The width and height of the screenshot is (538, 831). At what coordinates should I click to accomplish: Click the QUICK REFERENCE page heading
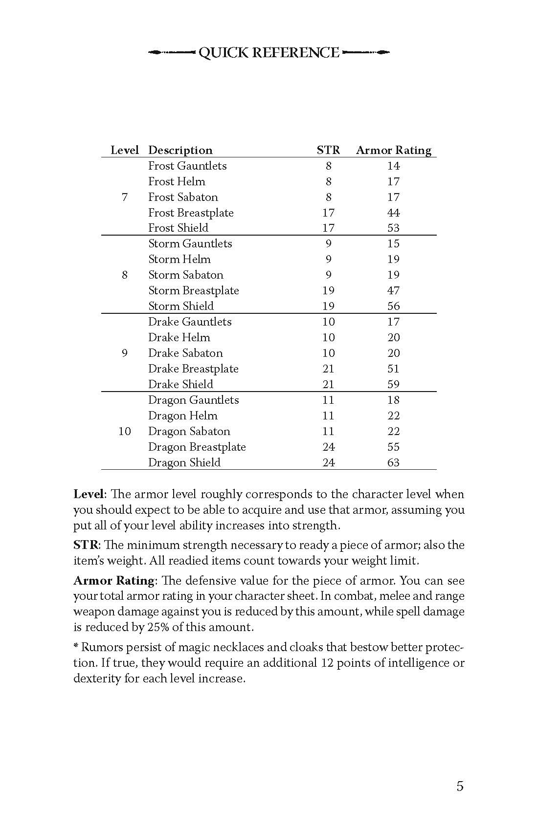click(269, 53)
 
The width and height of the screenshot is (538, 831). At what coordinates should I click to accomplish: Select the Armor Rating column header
click(393, 150)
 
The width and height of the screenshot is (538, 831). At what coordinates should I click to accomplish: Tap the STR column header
click(328, 150)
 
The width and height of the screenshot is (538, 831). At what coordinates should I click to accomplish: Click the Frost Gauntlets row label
click(187, 166)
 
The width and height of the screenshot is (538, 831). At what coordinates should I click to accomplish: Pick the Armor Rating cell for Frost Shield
click(393, 228)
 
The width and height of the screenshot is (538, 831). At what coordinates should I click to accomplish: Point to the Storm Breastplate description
click(194, 290)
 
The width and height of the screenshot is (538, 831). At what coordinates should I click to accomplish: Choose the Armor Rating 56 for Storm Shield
click(393, 306)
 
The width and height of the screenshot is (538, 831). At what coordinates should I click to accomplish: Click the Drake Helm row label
click(179, 337)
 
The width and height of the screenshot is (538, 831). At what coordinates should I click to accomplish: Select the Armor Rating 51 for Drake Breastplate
click(393, 369)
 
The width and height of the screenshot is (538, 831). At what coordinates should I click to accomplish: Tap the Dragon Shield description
click(184, 462)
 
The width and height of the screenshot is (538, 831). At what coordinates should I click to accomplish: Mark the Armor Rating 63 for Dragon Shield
click(393, 462)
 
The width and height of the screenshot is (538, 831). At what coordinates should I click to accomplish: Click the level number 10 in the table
click(125, 431)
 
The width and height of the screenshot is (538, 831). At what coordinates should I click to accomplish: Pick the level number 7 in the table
click(125, 197)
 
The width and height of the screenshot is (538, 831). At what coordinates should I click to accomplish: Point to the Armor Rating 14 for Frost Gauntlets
click(393, 166)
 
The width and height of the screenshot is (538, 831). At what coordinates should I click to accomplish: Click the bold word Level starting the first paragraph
click(88, 494)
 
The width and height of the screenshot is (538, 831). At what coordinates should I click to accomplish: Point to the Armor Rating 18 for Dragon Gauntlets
click(393, 400)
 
